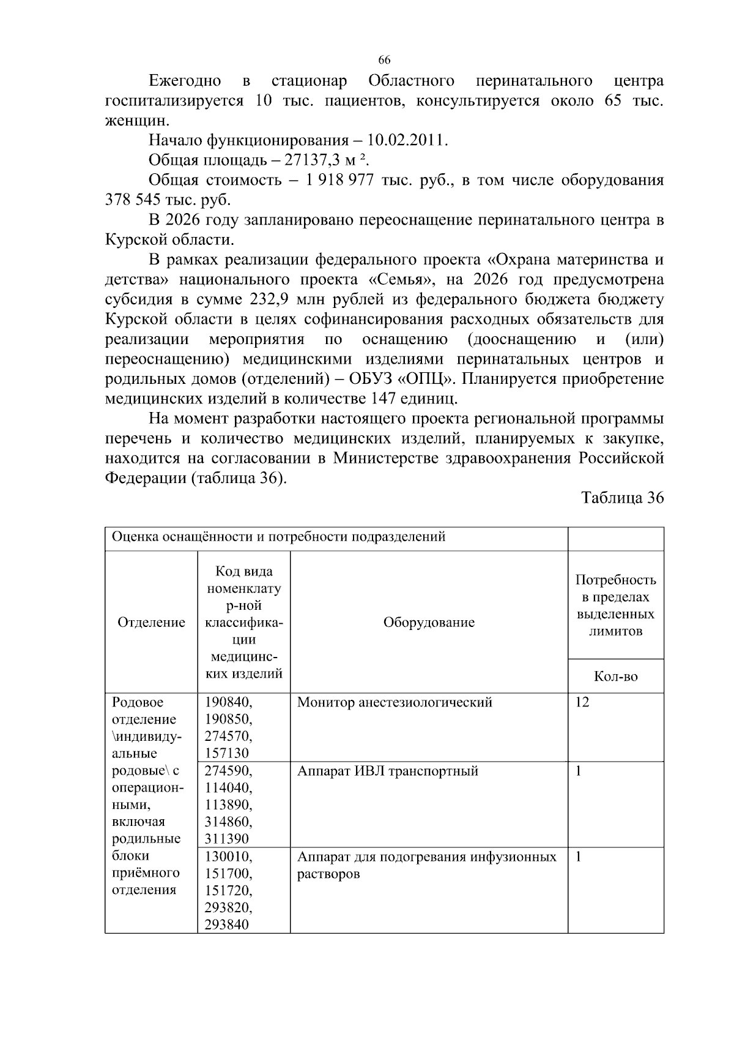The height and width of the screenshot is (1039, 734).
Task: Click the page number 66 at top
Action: pos(384,60)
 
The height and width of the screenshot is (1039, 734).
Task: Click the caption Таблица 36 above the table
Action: pos(622,498)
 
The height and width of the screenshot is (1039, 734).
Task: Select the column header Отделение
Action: pos(151,623)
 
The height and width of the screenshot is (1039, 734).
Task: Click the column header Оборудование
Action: pos(429,623)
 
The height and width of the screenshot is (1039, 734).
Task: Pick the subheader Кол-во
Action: pos(615,677)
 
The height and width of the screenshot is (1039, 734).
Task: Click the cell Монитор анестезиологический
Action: pos(395,702)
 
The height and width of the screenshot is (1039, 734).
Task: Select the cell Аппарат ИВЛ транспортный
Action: pos(387,771)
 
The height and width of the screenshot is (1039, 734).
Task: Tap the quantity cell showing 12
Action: pos(582,702)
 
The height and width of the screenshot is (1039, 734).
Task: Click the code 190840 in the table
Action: pos(228,702)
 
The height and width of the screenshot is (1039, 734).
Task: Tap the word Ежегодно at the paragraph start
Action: pos(185,81)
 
